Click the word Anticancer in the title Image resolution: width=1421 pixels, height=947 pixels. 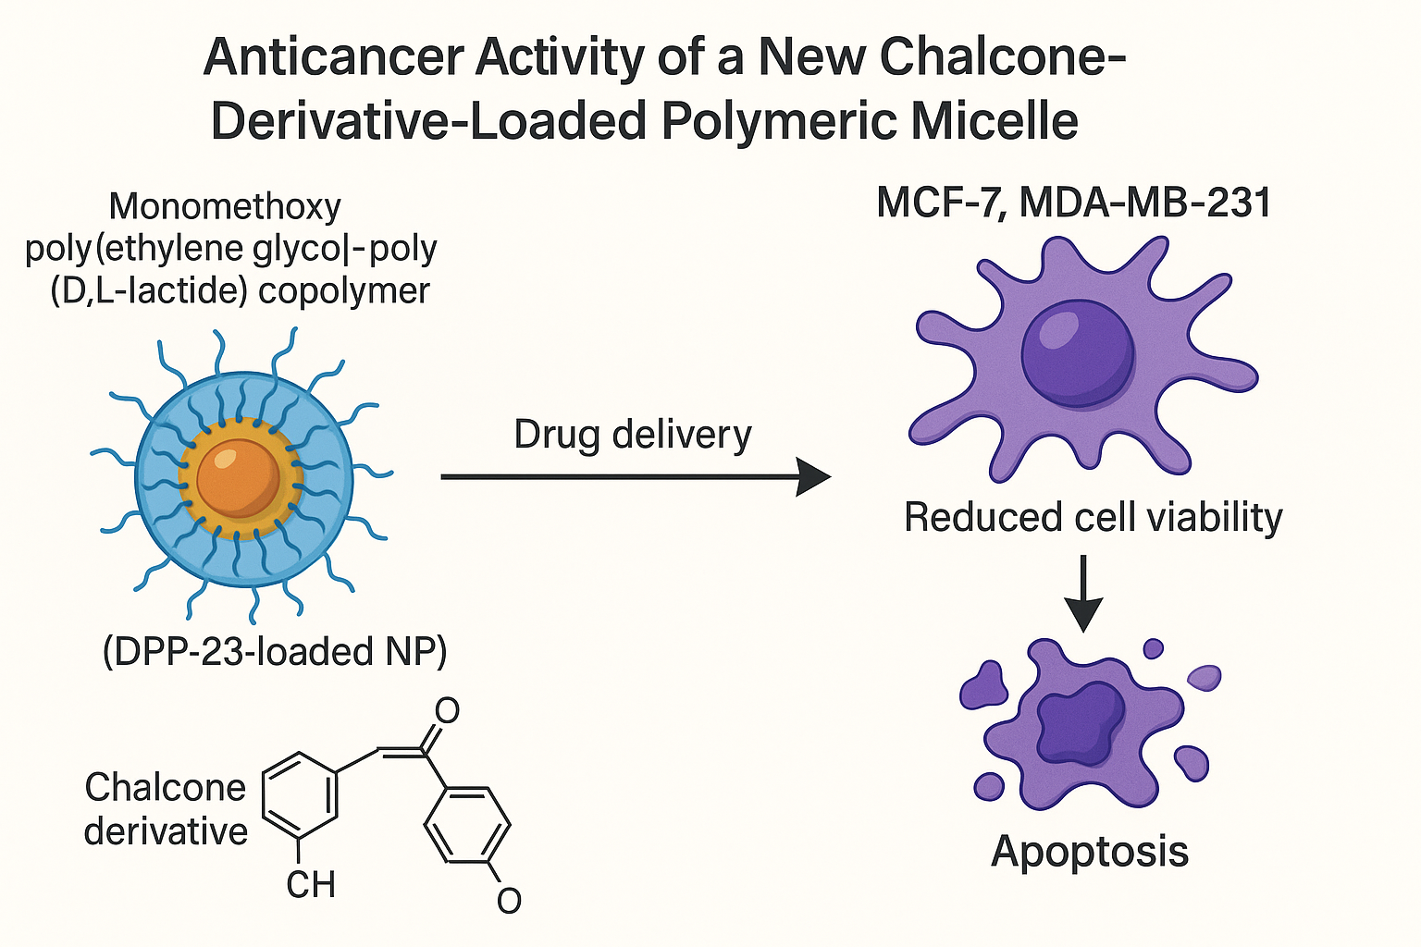point(333,57)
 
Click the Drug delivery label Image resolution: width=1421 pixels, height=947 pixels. point(633,435)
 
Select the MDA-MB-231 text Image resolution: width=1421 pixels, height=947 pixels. point(1145,203)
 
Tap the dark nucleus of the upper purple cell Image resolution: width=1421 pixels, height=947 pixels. point(1078,354)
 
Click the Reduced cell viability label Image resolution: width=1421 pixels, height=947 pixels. point(1093,517)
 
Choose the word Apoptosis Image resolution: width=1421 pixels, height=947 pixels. point(1090,851)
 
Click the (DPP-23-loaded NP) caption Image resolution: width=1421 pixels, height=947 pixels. point(275,652)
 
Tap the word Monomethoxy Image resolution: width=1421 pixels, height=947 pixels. point(225,206)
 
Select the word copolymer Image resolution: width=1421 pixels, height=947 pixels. point(344,290)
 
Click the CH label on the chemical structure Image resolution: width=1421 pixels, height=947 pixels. point(310,885)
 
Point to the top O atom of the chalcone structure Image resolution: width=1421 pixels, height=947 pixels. point(447,711)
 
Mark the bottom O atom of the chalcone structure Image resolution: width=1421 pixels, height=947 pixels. point(509,900)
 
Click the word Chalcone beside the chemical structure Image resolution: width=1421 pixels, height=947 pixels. point(166,788)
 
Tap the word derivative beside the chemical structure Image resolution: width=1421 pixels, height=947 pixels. point(166,830)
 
